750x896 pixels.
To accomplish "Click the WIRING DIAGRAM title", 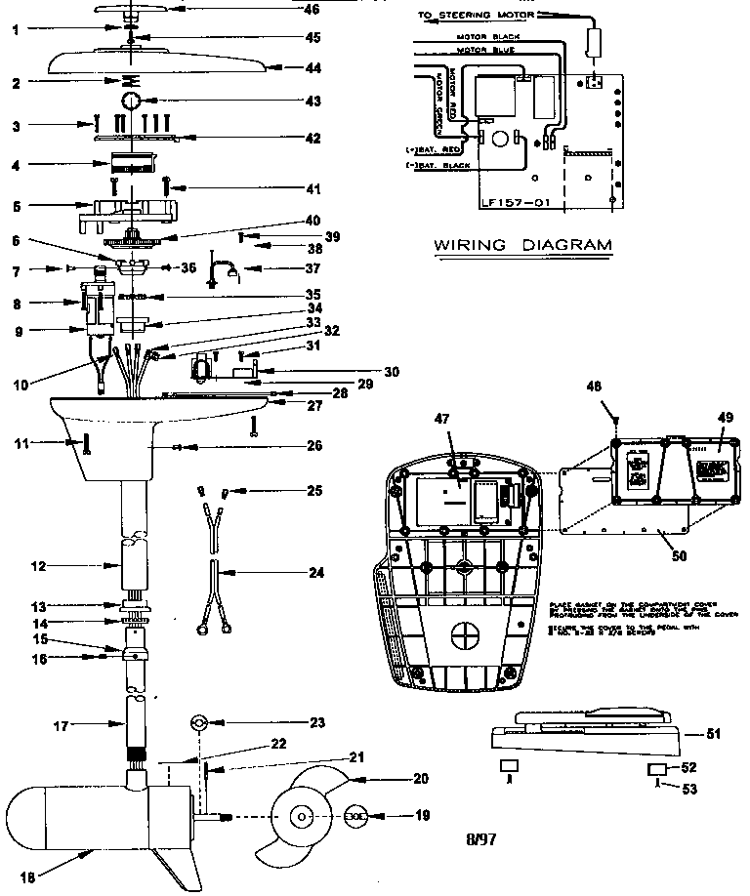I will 522,245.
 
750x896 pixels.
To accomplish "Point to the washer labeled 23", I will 196,723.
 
